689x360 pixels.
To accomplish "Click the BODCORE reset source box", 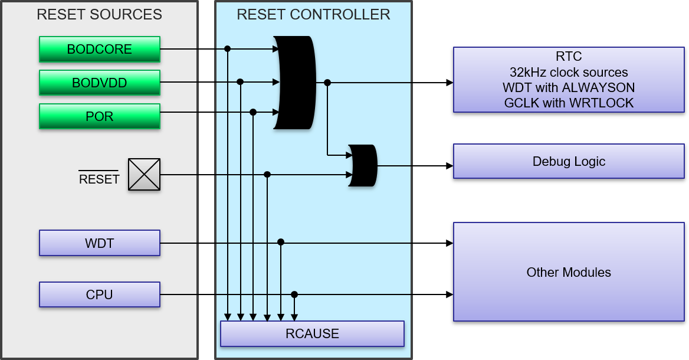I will point(99,49).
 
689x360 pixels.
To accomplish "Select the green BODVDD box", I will point(99,83).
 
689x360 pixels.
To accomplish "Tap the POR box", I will point(99,116).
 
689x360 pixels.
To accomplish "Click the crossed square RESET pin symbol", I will point(145,174).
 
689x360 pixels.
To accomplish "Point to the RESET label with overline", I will point(99,179).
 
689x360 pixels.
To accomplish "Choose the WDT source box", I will point(99,243).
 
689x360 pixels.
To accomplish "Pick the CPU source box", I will point(99,294).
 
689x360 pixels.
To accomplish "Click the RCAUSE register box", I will point(312,333).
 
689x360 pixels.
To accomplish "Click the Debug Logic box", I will point(569,161).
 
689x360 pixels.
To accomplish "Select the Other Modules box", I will point(569,272).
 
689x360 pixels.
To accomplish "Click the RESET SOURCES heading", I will point(99,15).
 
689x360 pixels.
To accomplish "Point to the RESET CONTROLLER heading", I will point(313,15).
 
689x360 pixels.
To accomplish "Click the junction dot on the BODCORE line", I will point(227,49).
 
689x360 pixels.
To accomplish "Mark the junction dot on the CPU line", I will point(294,294).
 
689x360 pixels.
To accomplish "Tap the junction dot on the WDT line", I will point(281,242).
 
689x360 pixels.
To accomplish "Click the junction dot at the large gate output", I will point(327,83).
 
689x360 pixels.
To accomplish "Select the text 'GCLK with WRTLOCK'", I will point(569,103).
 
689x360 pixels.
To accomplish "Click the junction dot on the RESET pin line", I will point(267,174).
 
